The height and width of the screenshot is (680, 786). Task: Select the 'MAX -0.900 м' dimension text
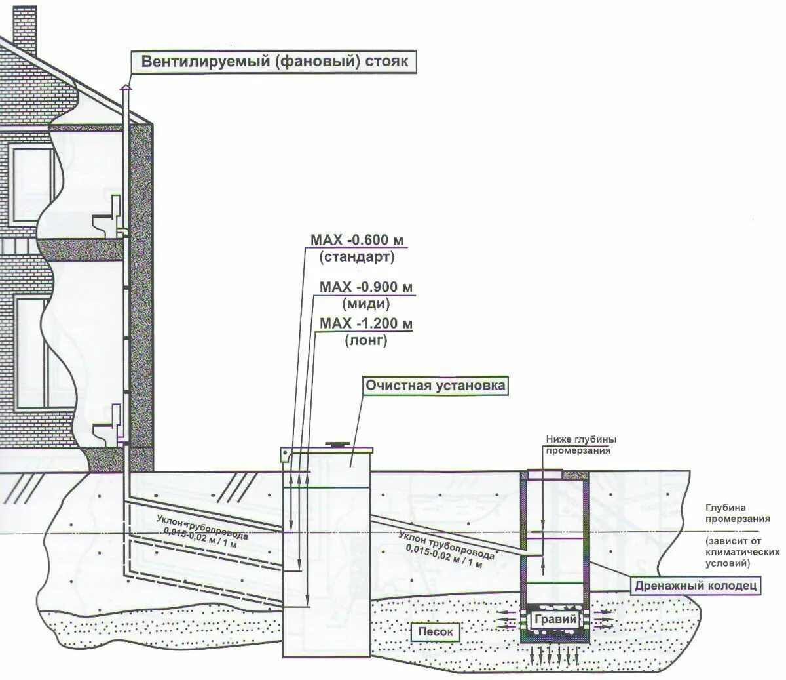367,287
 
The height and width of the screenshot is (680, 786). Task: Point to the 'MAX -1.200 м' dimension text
367,324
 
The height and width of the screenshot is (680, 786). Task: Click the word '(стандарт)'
357,257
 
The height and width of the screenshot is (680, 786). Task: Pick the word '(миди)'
365,304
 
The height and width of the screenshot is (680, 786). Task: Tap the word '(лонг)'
365,340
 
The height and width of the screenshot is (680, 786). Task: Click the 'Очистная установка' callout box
436,385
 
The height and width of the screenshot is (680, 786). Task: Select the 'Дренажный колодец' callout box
696,586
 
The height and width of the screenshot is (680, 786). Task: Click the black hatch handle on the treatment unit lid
338,444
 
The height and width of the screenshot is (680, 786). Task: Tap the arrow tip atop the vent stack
126,86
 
